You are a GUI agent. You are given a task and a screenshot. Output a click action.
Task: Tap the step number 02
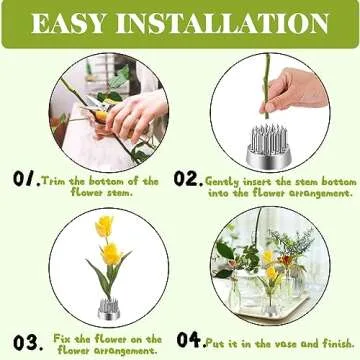coord(187,179)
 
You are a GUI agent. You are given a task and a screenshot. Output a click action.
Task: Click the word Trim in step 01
coord(54,181)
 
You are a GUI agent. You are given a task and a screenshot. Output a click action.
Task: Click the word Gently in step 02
coord(222,182)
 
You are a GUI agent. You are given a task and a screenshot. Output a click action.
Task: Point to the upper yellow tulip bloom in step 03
coord(103,226)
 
